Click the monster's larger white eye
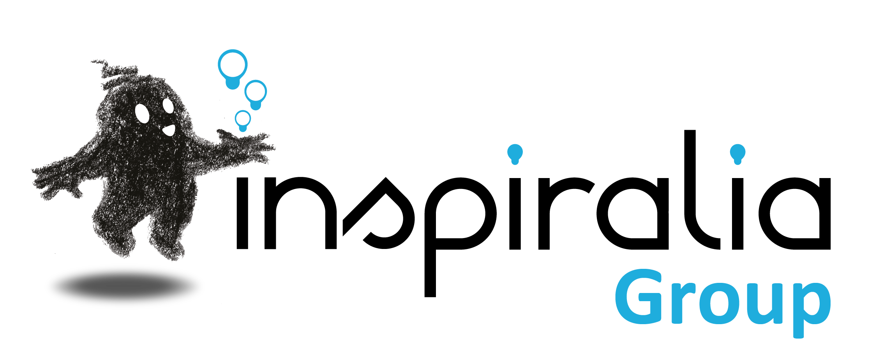142,113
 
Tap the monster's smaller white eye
168,106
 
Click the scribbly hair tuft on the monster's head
113,72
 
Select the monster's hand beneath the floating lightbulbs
249,146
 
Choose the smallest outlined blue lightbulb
243,119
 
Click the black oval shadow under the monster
125,286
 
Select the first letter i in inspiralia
242,214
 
